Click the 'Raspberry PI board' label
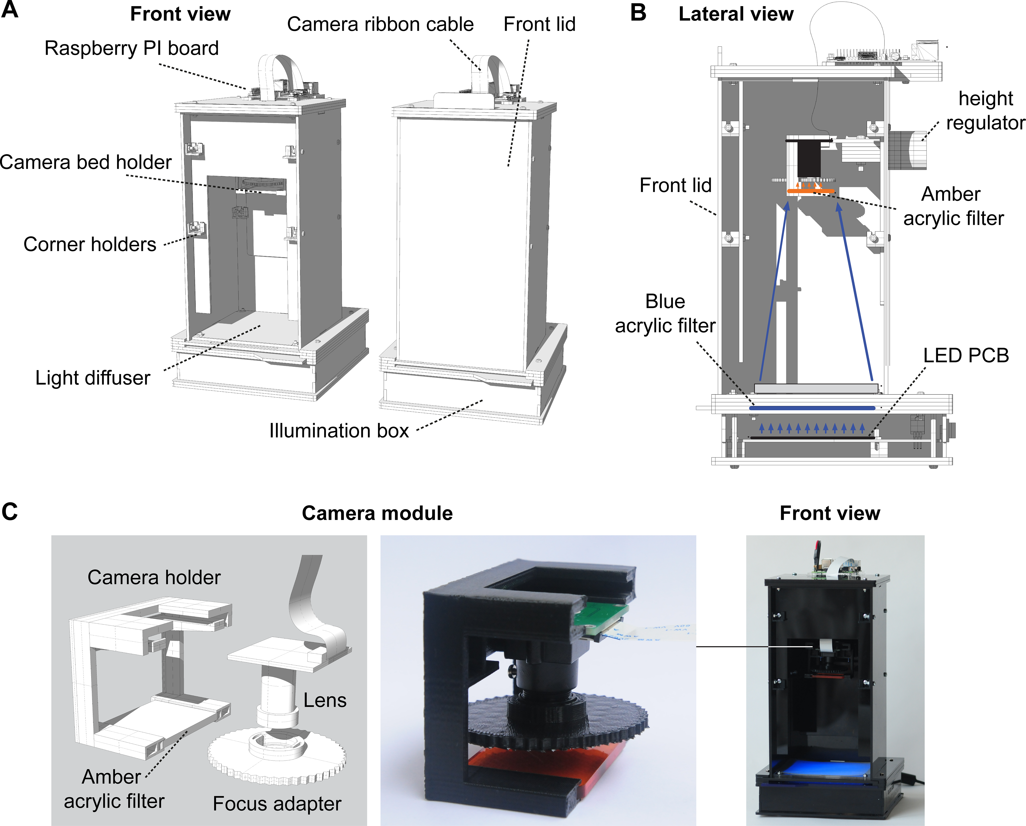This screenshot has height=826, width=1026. point(132,48)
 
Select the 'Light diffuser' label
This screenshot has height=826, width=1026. point(93,378)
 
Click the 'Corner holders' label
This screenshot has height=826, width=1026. point(90,244)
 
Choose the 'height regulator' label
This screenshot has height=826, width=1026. point(985,110)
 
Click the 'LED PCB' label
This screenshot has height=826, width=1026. point(966,355)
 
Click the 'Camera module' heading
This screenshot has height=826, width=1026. point(377,513)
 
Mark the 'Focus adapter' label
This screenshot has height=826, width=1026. point(277,804)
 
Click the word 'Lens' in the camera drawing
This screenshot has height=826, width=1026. point(325,700)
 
